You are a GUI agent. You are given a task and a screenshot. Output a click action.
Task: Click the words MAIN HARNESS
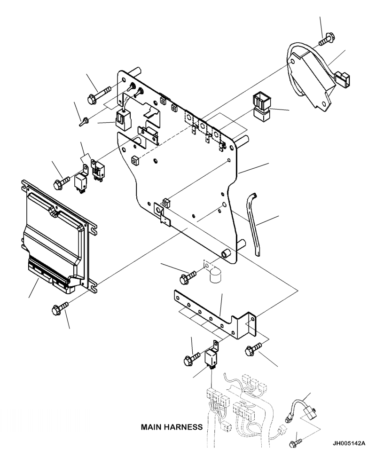coord(171,428)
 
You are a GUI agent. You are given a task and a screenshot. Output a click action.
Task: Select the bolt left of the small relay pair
coord(62,181)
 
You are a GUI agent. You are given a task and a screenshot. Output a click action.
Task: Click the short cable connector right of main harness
coord(301,411)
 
